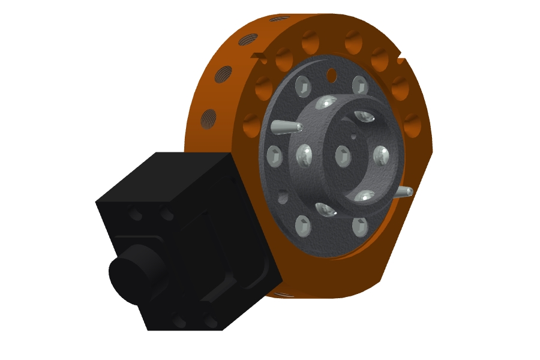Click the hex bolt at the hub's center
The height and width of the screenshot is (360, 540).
(343, 155)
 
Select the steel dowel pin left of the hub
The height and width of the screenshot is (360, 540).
(287, 127)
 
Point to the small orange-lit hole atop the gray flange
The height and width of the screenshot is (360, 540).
(331, 74)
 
